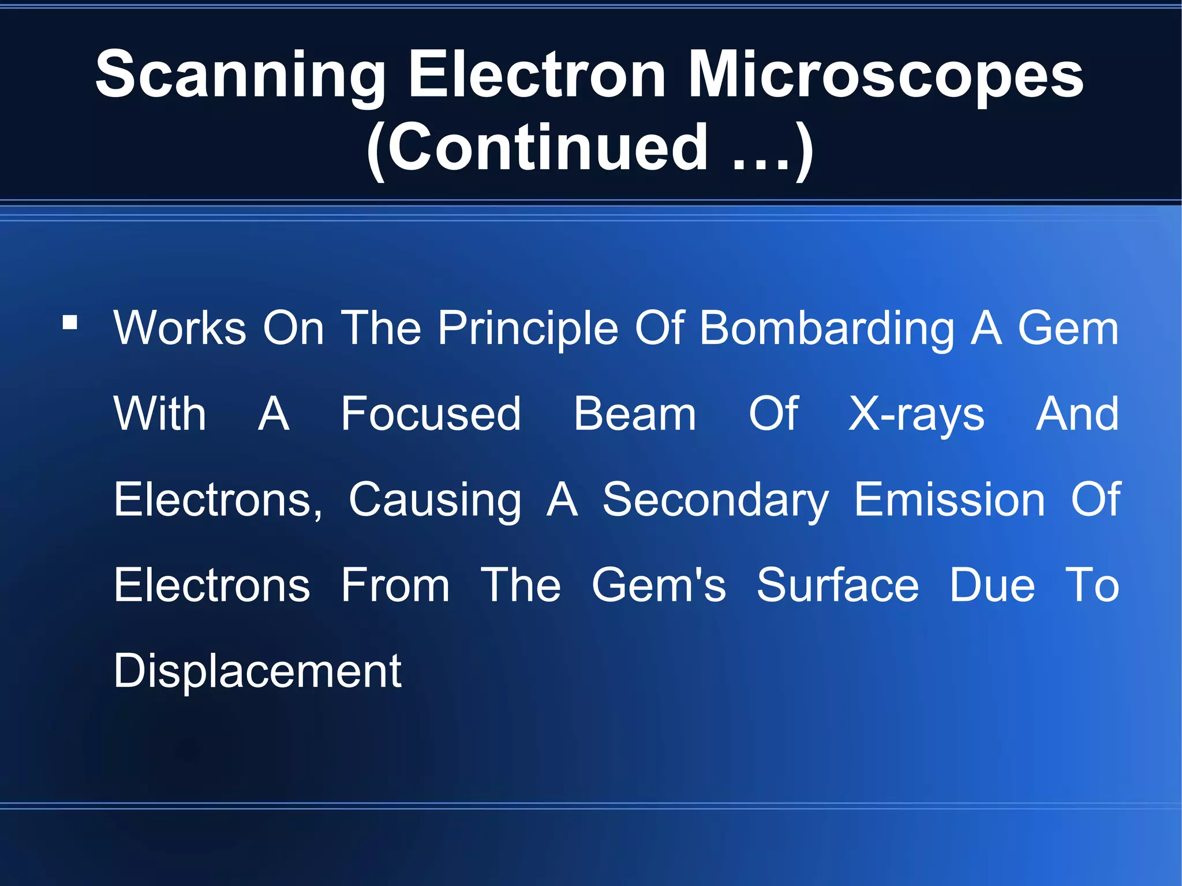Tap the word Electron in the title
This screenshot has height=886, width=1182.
click(x=537, y=75)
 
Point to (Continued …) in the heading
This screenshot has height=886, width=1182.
click(x=590, y=149)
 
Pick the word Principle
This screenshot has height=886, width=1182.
click(x=528, y=329)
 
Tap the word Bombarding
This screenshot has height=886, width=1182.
click(x=827, y=329)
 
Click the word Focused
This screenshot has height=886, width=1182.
click(x=431, y=414)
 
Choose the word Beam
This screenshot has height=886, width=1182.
click(x=635, y=414)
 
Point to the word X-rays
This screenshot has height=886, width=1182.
click(x=916, y=415)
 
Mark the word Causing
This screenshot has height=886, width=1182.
click(x=435, y=500)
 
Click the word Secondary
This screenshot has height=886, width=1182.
click(x=715, y=500)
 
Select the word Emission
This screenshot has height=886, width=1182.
click(x=949, y=499)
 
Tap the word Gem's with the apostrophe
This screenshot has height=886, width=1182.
click(x=659, y=585)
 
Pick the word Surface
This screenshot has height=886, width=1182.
click(x=837, y=585)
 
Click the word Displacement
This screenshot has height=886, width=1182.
click(x=257, y=671)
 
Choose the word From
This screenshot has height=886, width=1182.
click(x=395, y=585)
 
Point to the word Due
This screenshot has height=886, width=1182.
click(x=992, y=585)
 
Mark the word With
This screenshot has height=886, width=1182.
click(x=160, y=414)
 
